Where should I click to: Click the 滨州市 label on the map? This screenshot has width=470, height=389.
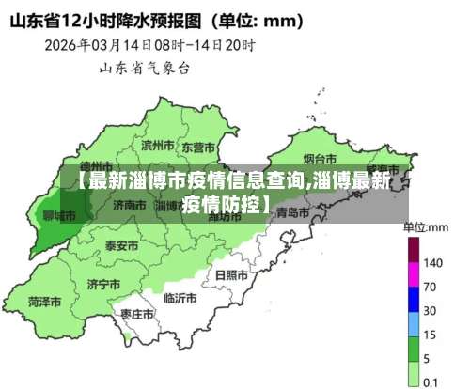pyautogui.click(x=157, y=146)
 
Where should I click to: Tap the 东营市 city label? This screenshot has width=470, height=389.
pyautogui.click(x=198, y=148)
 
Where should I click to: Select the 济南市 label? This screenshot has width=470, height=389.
pyautogui.click(x=129, y=204)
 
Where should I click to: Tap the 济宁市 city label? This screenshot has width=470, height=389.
pyautogui.click(x=103, y=283)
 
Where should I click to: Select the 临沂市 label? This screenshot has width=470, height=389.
pyautogui.click(x=180, y=298)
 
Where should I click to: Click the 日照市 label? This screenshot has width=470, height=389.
pyautogui.click(x=231, y=275)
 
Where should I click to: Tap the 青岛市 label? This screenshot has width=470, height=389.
pyautogui.click(x=293, y=213)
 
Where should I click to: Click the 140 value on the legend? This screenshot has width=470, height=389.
pyautogui.click(x=433, y=262)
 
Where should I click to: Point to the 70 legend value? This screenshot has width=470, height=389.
pyautogui.click(x=430, y=286)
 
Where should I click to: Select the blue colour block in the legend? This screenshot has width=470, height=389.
pyautogui.click(x=413, y=299)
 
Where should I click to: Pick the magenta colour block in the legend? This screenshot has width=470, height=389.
pyautogui.click(x=413, y=274)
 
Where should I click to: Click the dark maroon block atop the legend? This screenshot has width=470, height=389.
pyautogui.click(x=413, y=249)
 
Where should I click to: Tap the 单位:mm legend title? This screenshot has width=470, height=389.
pyautogui.click(x=426, y=226)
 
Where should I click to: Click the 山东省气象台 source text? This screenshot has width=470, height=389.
pyautogui.click(x=146, y=67)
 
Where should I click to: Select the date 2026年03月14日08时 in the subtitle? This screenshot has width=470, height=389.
pyautogui.click(x=105, y=43)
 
